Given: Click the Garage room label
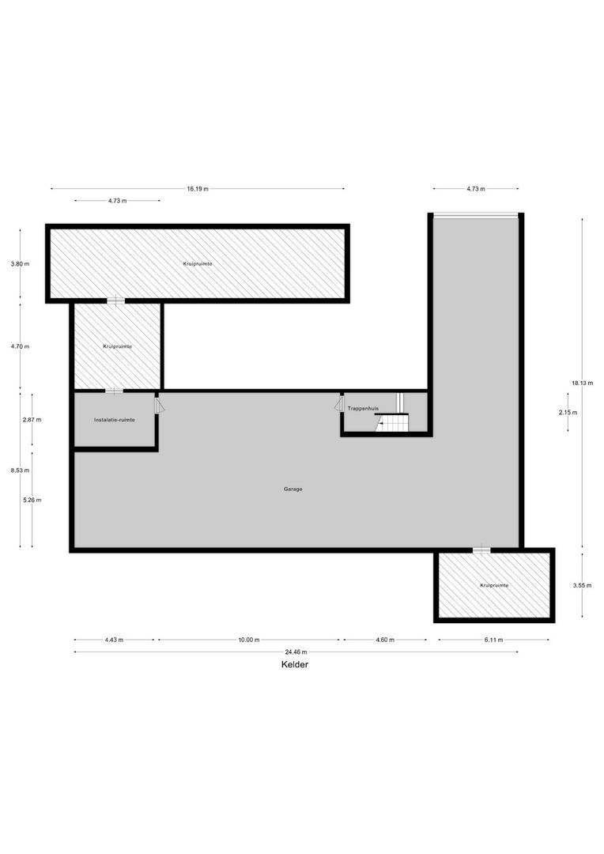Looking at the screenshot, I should (293, 489).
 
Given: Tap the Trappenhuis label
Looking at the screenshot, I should (363, 408).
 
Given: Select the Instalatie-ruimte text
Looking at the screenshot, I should (114, 420).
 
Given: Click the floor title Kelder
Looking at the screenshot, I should (295, 665).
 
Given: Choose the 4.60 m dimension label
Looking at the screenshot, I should (386, 640).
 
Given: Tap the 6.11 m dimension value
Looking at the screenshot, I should (494, 640).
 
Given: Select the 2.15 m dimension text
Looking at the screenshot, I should (568, 413).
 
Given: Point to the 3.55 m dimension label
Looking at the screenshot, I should (582, 585).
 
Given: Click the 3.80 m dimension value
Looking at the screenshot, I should (20, 264).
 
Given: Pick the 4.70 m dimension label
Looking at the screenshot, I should (20, 346).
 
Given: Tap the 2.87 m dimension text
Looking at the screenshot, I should (32, 420).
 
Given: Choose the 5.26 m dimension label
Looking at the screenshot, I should (32, 500).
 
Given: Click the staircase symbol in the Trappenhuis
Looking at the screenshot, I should (393, 421).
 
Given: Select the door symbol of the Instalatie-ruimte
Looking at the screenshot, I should (160, 405).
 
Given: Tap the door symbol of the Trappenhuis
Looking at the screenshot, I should (339, 404).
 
